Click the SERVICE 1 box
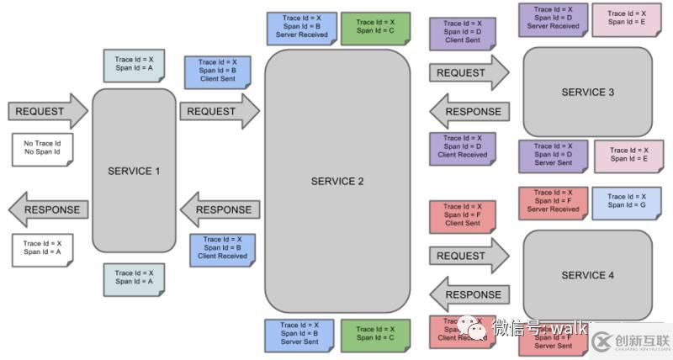[134, 171]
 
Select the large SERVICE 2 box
[337, 181]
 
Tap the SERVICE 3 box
[587, 92]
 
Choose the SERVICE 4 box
[587, 275]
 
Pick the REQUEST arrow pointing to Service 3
[468, 73]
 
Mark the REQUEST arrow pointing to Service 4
[468, 256]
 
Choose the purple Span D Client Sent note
[463, 32]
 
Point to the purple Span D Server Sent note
[552, 156]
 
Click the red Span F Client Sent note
[463, 214]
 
